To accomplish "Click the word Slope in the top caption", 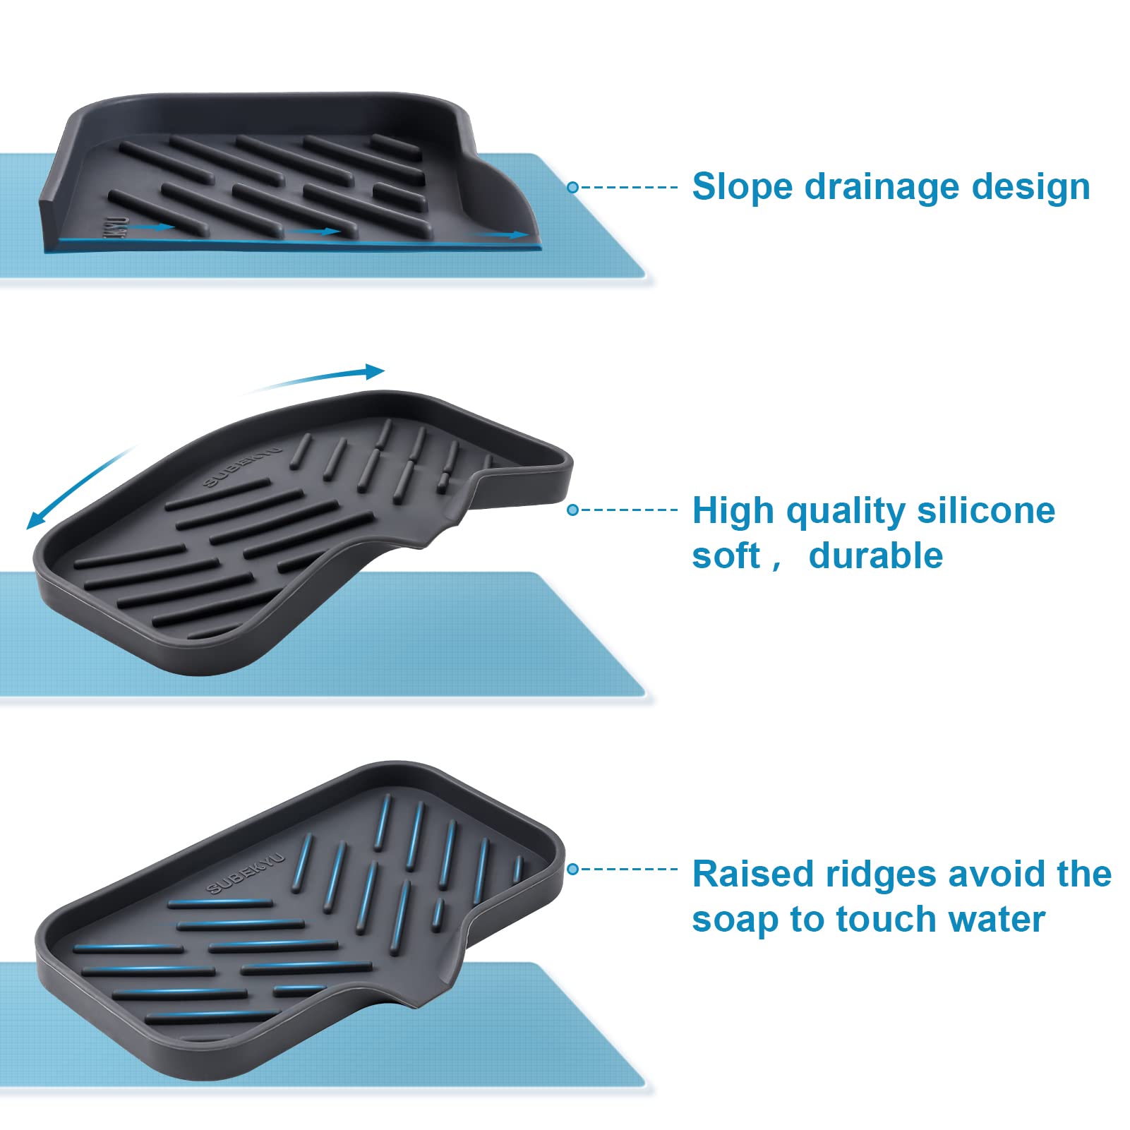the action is pos(743,187).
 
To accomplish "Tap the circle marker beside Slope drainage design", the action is pos(573,187).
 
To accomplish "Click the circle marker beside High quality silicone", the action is pos(573,510).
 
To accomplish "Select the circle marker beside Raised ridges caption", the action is pos(573,869).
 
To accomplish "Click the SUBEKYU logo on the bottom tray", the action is pos(246,873).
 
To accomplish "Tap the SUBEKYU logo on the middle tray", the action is pos(242,466).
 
